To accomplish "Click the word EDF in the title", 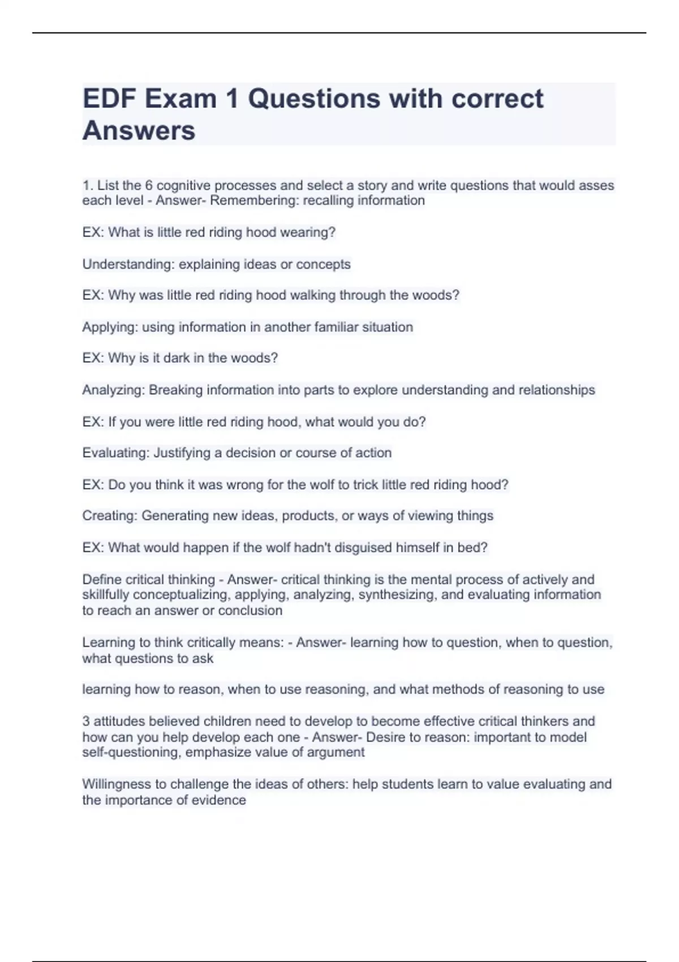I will (x=110, y=99).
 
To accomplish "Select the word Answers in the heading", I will (x=139, y=131).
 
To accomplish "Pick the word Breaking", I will (x=175, y=390).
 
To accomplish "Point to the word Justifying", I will (x=182, y=453).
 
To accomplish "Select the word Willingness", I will (x=117, y=784).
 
